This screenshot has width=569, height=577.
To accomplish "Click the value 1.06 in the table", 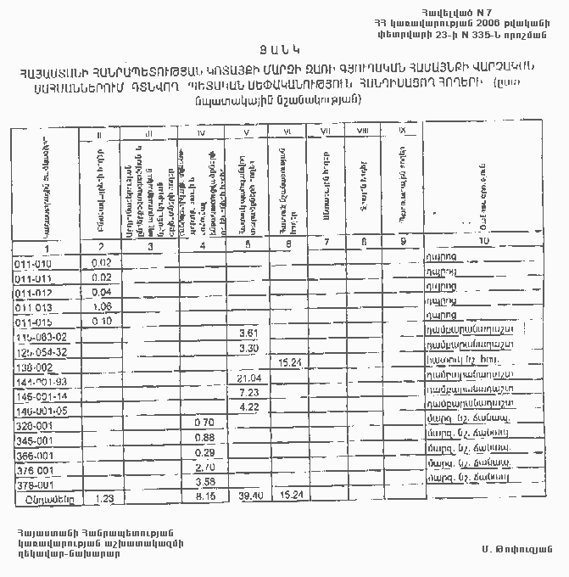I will [x=101, y=306].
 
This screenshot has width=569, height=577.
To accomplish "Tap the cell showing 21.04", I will [x=249, y=378].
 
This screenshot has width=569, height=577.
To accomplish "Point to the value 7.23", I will [x=249, y=393].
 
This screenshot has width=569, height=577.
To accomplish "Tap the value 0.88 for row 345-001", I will [x=204, y=437].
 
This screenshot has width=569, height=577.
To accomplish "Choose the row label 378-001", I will [x=35, y=485].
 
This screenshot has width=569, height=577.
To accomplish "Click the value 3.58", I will [x=204, y=483].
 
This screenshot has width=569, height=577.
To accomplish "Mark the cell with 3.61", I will [x=249, y=333].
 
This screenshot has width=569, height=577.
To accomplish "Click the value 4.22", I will [x=249, y=407].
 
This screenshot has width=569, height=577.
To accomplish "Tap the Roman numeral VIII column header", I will [x=362, y=130].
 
